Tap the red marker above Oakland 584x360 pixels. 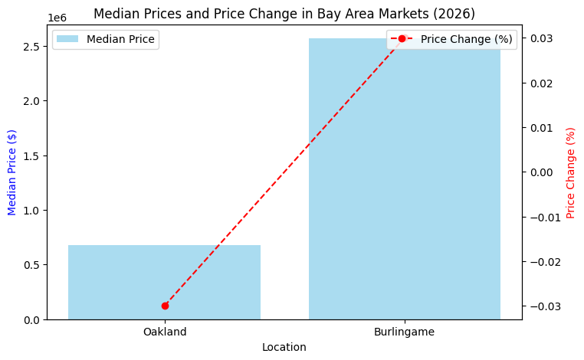165,306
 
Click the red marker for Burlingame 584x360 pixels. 402,38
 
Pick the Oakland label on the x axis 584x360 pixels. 164,332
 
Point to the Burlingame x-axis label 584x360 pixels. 404,332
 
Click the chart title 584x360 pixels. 284,14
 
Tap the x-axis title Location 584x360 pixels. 284,347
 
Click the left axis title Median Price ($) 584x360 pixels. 12,172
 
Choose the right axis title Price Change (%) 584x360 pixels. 571,173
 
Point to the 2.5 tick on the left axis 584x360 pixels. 31,47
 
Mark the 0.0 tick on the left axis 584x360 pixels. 31,319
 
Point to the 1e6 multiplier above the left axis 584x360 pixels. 57,17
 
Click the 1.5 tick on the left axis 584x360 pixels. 31,156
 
